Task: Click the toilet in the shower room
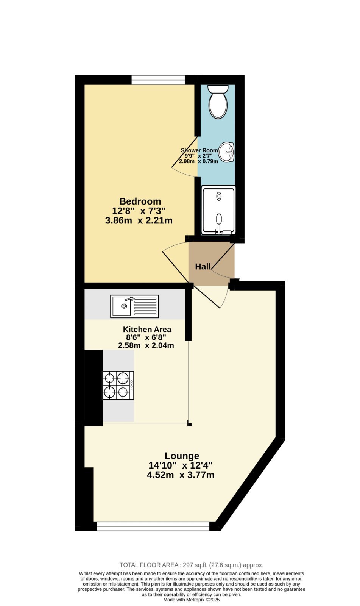(x=218, y=102)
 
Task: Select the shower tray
(x=218, y=210)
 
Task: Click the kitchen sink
(x=135, y=306)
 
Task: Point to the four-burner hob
(x=118, y=385)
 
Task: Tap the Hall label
(x=203, y=267)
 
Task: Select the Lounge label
(x=182, y=456)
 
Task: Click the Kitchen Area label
(x=147, y=329)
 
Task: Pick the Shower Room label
(x=199, y=150)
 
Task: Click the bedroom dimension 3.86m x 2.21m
(x=139, y=220)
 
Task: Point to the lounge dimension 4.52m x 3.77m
(x=181, y=475)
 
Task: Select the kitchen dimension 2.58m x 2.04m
(x=146, y=345)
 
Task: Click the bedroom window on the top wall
(x=158, y=80)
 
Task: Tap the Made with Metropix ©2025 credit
(x=192, y=600)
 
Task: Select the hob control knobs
(x=131, y=385)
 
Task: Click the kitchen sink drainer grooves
(x=145, y=306)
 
